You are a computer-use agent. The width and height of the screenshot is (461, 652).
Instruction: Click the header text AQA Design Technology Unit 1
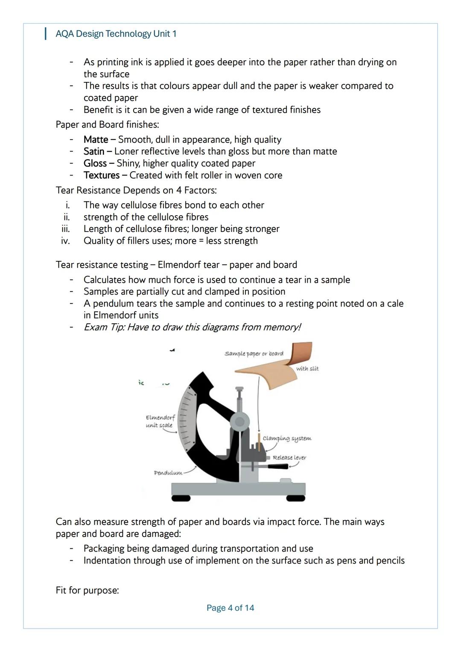[116, 34]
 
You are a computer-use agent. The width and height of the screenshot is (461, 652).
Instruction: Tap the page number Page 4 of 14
[230, 608]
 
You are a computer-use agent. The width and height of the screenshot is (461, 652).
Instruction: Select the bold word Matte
[96, 140]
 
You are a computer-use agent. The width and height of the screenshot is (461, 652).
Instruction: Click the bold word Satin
[94, 152]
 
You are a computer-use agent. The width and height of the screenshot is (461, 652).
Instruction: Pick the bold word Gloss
[95, 164]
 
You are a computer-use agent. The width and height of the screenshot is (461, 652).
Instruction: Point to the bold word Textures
[102, 175]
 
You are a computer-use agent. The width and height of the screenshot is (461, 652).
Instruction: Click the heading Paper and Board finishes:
[107, 125]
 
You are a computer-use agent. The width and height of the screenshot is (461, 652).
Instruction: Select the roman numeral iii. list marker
[65, 229]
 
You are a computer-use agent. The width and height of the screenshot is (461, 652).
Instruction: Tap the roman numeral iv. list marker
[65, 241]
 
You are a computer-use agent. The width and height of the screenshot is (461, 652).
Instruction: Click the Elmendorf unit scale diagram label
[160, 421]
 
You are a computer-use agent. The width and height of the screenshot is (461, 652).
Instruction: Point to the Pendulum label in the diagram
[168, 473]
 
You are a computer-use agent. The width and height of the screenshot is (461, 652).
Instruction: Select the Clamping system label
[287, 439]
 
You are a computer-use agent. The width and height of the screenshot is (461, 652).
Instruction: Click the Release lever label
[289, 457]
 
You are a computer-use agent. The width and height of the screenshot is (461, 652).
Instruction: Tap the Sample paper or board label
[254, 354]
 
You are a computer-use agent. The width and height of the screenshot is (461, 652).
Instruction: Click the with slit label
[307, 368]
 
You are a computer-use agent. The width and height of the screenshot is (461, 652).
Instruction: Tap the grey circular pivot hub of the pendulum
[240, 422]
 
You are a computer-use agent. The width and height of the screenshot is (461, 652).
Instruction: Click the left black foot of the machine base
[181, 498]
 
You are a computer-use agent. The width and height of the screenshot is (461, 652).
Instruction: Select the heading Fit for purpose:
[87, 591]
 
